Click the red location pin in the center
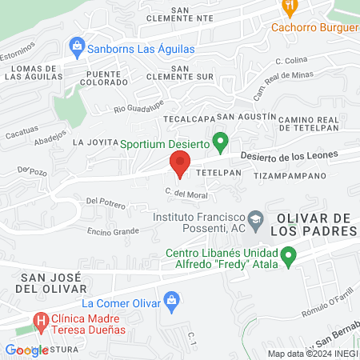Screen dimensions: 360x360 coord(179,165)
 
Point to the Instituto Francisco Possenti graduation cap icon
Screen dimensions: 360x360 coord(254,218)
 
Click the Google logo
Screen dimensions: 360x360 coord(26,350)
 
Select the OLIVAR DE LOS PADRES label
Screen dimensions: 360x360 coord(315,225)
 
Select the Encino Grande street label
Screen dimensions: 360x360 coord(114,231)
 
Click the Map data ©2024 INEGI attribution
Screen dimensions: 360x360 coord(311,354)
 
